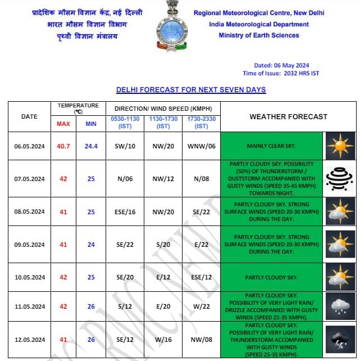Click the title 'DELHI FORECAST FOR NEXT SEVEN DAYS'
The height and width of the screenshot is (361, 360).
click(191, 90)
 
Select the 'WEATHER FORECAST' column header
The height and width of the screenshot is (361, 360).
click(288, 116)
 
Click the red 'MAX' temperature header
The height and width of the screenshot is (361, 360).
click(63, 124)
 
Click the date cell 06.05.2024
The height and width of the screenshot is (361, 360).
click(29, 146)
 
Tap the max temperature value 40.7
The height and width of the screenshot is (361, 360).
click(63, 146)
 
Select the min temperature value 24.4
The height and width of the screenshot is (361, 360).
click(91, 146)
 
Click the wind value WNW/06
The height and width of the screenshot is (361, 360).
click(201, 146)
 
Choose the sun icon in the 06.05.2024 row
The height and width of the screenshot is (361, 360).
click(340, 146)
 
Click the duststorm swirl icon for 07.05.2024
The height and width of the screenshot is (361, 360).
click(340, 178)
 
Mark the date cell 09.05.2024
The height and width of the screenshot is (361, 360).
click(29, 245)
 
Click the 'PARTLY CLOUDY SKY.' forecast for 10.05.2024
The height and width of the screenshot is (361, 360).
click(271, 278)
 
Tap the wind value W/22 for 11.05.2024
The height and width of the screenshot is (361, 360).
click(201, 306)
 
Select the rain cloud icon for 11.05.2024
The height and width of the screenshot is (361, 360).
click(340, 306)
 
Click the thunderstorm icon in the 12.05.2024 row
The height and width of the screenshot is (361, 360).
click(340, 340)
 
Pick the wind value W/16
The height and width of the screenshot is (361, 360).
click(163, 340)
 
